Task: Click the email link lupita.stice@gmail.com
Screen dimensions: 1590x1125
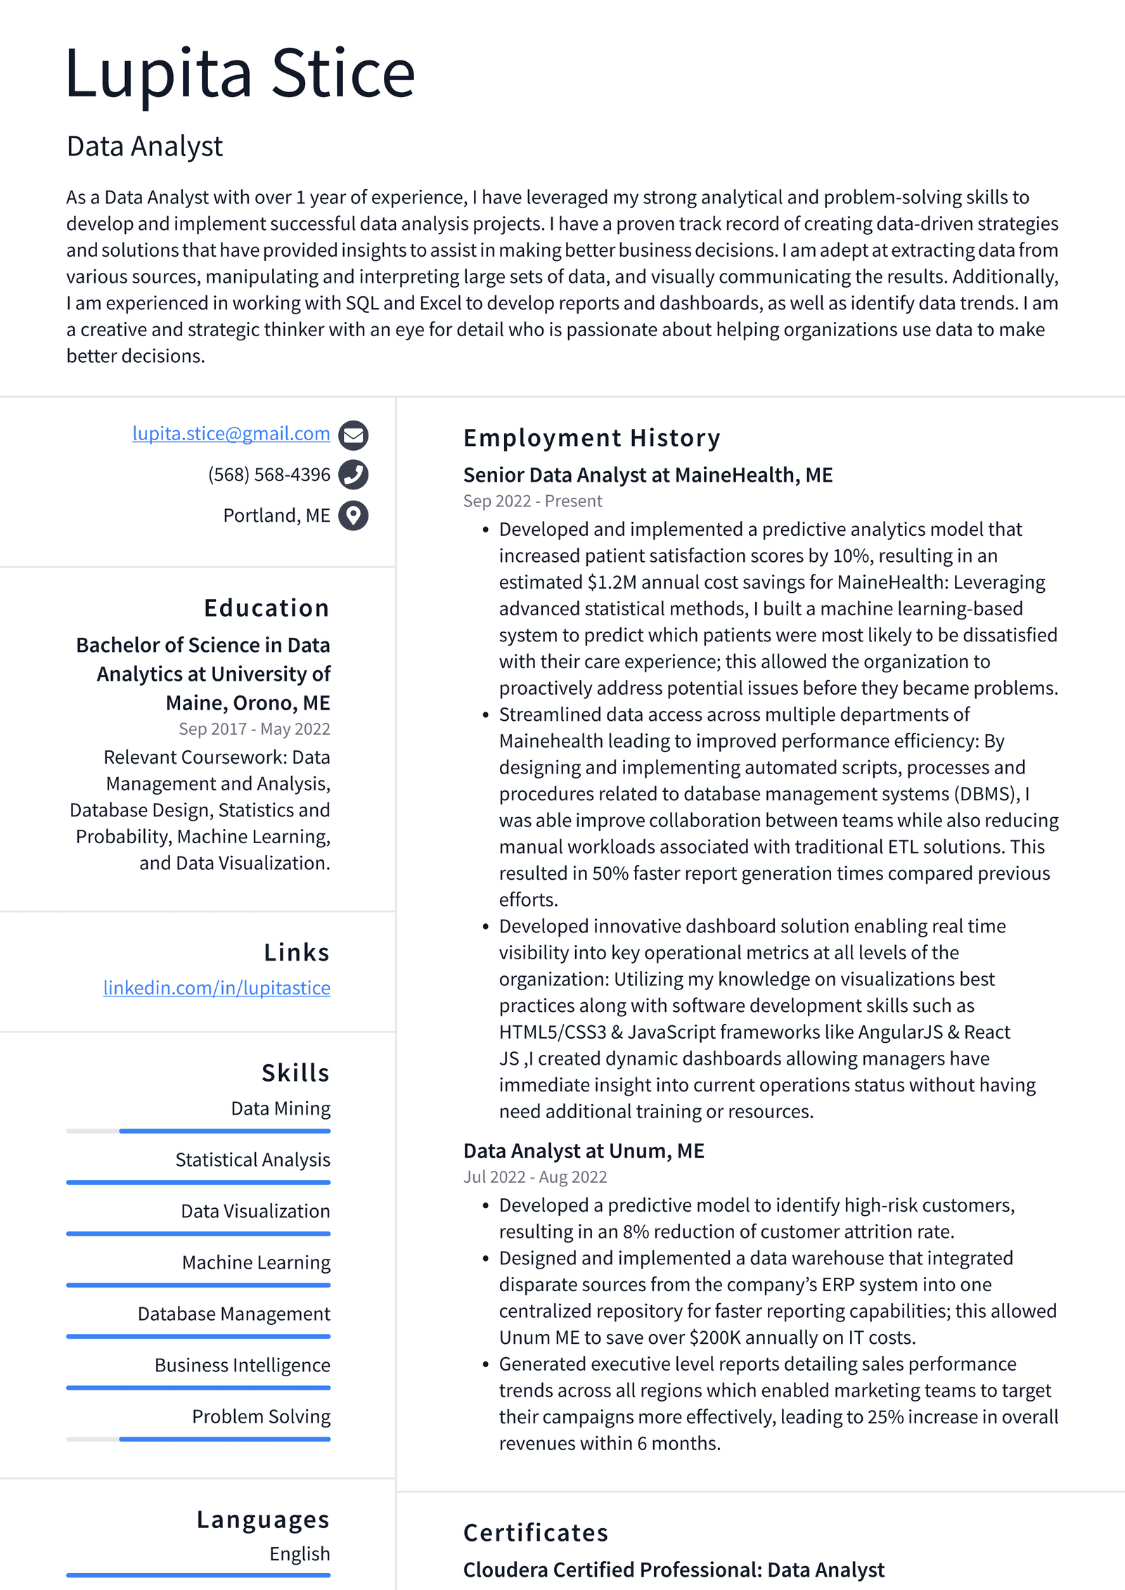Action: (x=231, y=434)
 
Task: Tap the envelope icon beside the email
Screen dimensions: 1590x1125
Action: (x=353, y=435)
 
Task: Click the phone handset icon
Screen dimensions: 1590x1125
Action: (x=353, y=475)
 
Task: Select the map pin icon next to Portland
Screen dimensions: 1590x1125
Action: (x=353, y=515)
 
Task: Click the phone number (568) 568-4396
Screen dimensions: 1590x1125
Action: (x=269, y=475)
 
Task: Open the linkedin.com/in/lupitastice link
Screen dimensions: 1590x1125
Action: (x=217, y=988)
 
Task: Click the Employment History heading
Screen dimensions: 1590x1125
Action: (x=591, y=438)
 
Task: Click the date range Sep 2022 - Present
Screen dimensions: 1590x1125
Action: (x=532, y=501)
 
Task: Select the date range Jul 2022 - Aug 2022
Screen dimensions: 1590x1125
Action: (x=534, y=1177)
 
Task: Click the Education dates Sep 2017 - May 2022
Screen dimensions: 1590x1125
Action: (x=254, y=729)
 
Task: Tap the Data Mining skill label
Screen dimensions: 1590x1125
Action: (x=281, y=1109)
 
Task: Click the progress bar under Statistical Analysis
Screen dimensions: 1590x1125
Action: (x=198, y=1182)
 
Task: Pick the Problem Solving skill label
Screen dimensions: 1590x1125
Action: (x=261, y=1417)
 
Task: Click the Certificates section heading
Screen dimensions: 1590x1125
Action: (x=535, y=1533)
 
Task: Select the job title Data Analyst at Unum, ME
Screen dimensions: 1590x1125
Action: (x=584, y=1151)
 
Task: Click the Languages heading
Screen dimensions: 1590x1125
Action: (x=263, y=1520)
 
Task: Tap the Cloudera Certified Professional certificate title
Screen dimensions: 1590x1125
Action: (x=673, y=1570)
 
